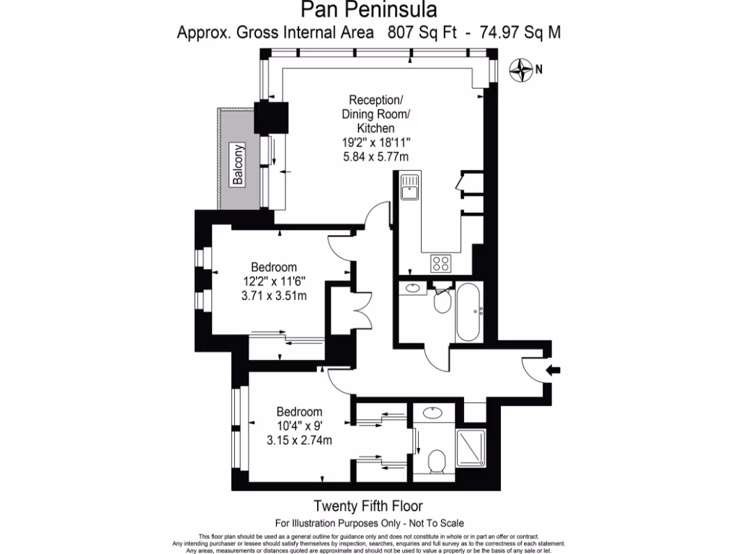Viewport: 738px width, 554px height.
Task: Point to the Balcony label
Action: [239, 167]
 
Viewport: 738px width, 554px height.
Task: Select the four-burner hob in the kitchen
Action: [441, 263]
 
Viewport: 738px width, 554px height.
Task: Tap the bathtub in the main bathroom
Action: [469, 312]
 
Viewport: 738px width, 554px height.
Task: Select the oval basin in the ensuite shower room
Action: [432, 414]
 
